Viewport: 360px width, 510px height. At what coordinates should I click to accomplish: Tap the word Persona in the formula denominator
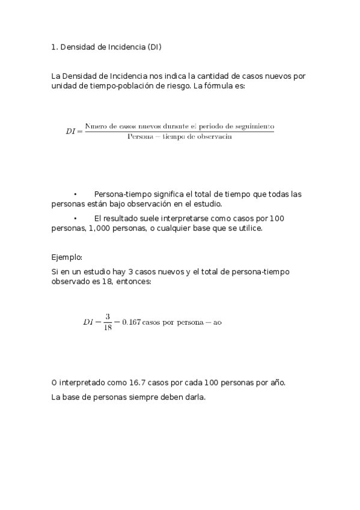pos(140,137)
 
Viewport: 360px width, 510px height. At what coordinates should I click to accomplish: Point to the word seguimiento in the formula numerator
pos(253,126)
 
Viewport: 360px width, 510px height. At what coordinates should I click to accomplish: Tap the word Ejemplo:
pos(67,257)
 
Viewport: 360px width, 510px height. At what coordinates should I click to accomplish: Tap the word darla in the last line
pos(194,397)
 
